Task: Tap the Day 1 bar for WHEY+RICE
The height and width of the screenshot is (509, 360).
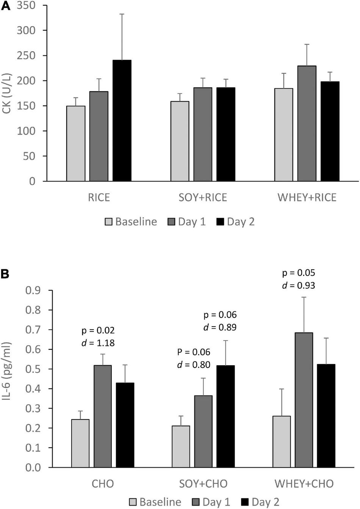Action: pyautogui.click(x=307, y=123)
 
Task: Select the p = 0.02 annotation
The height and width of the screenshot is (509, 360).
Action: pyautogui.click(x=98, y=330)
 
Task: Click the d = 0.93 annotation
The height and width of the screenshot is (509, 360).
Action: pyautogui.click(x=299, y=285)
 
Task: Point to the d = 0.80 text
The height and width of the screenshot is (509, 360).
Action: pyautogui.click(x=194, y=365)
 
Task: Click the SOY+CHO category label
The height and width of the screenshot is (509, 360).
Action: pyautogui.click(x=203, y=484)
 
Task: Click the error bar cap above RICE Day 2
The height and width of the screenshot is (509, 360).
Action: pyautogui.click(x=122, y=14)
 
